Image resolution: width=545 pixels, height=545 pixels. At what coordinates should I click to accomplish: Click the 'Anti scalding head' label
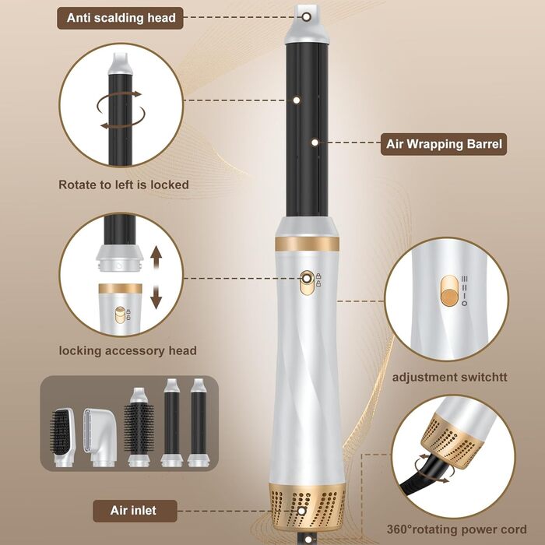click(x=120, y=18)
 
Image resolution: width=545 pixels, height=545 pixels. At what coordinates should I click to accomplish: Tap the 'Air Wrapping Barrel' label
click(x=444, y=144)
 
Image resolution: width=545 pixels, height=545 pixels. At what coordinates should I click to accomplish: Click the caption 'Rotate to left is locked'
click(x=123, y=185)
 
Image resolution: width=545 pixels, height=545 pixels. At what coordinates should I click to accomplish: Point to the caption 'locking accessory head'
click(x=128, y=350)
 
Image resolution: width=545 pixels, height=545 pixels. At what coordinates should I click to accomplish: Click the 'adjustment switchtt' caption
click(x=449, y=377)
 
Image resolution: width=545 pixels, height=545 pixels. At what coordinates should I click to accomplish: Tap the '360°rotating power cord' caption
click(x=457, y=529)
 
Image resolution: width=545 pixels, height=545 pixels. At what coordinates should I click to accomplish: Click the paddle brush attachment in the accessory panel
click(x=62, y=437)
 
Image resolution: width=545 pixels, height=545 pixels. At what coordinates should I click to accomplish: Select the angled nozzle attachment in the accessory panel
click(x=98, y=437)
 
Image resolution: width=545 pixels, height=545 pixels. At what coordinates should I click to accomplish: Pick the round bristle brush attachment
click(x=139, y=427)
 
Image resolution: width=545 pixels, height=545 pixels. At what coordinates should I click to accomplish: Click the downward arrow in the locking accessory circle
click(x=156, y=297)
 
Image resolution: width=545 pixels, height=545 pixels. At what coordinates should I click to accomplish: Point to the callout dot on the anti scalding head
click(x=306, y=16)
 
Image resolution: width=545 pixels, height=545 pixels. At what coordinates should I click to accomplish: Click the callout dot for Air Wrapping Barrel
click(x=315, y=142)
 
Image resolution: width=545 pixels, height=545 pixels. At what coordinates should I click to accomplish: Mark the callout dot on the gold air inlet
click(x=302, y=511)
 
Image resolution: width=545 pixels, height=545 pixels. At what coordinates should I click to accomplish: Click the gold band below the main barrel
click(x=307, y=244)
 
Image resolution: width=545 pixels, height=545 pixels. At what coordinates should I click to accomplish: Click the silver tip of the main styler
click(x=307, y=24)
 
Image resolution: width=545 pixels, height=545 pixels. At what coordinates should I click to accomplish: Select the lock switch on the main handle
click(x=307, y=283)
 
